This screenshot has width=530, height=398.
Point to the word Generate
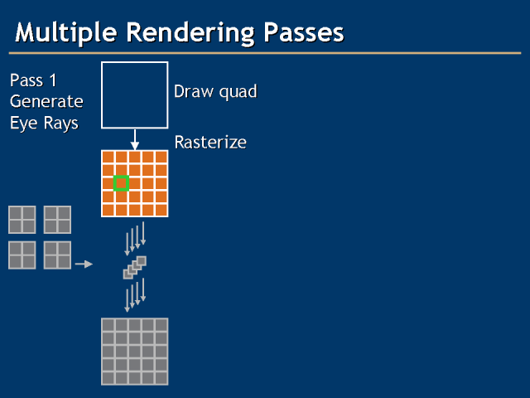[x=46, y=102]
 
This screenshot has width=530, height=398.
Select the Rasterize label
[x=210, y=143]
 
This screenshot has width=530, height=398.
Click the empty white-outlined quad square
[x=135, y=95]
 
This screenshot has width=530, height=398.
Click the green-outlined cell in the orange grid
[x=121, y=183]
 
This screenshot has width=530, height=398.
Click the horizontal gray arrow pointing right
[x=83, y=265]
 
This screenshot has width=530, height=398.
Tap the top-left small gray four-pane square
[x=22, y=220]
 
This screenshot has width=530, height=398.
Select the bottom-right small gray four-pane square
[x=57, y=255]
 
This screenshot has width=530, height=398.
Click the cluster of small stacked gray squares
[x=134, y=267]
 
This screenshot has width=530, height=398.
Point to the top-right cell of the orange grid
[x=161, y=157]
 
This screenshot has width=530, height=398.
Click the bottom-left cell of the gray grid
[x=108, y=378]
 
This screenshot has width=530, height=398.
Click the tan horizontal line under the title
[x=265, y=53]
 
